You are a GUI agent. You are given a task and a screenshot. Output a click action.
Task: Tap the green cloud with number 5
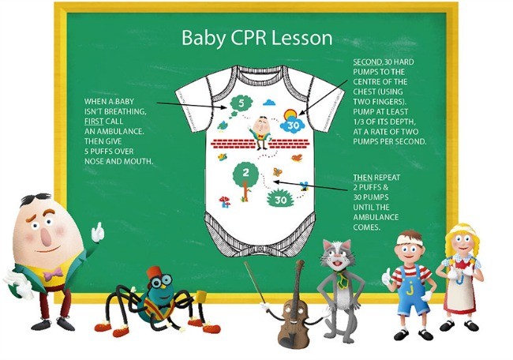click(242, 103)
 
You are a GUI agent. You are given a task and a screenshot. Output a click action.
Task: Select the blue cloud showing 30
click(293, 125)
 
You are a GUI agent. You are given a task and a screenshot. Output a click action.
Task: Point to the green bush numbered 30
click(280, 199)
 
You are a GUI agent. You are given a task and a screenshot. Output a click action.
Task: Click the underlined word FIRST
click(94, 122)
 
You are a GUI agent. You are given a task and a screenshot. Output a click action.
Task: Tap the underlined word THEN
click(362, 178)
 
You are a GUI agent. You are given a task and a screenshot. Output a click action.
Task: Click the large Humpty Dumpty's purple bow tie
click(54, 274)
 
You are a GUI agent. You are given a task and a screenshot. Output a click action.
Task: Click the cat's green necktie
click(342, 278)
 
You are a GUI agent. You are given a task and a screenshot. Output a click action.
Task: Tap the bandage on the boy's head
click(409, 239)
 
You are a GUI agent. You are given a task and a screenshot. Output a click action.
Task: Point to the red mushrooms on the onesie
click(225, 201)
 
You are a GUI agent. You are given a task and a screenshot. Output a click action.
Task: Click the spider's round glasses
click(161, 280)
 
